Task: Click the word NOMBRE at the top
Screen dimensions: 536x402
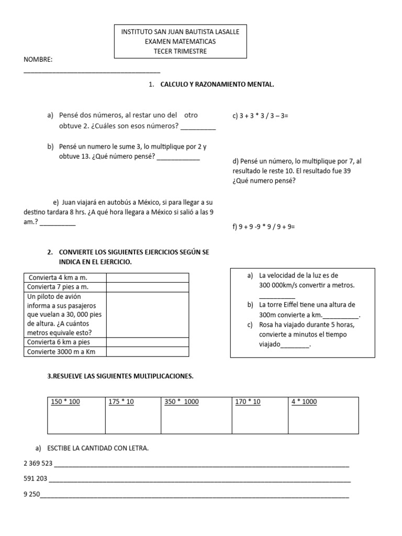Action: (38, 60)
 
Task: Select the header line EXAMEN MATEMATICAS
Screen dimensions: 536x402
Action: (180, 41)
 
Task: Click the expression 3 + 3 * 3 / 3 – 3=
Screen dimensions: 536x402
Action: (260, 116)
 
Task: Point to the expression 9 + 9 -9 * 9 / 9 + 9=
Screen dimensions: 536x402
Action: (264, 227)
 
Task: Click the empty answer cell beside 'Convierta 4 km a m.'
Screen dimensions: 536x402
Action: (147, 277)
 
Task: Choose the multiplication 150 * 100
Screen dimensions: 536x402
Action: (65, 402)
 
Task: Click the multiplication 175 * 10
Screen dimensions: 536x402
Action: (121, 402)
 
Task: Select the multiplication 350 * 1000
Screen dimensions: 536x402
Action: (182, 402)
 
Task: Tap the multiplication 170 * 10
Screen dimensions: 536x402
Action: (248, 402)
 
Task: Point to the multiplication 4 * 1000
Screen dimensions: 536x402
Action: (304, 402)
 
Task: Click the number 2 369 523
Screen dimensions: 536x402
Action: (38, 463)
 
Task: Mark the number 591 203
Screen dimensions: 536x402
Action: (36, 478)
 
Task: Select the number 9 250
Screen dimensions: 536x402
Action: (32, 494)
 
